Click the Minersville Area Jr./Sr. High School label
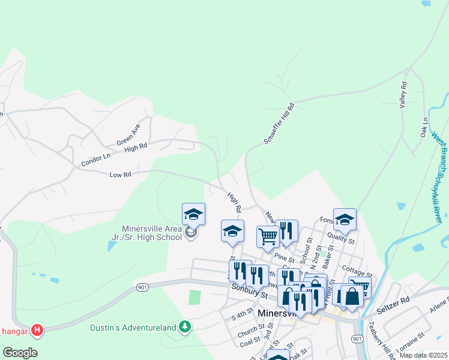coord(151,233)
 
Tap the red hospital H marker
coord(37,329)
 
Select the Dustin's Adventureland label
coord(133,327)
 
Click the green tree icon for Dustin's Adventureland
coord(186,326)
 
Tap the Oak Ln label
coord(424,125)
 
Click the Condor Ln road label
coord(96,159)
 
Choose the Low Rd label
coord(121,174)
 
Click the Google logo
coord(20,352)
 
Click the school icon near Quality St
coord(345,220)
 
